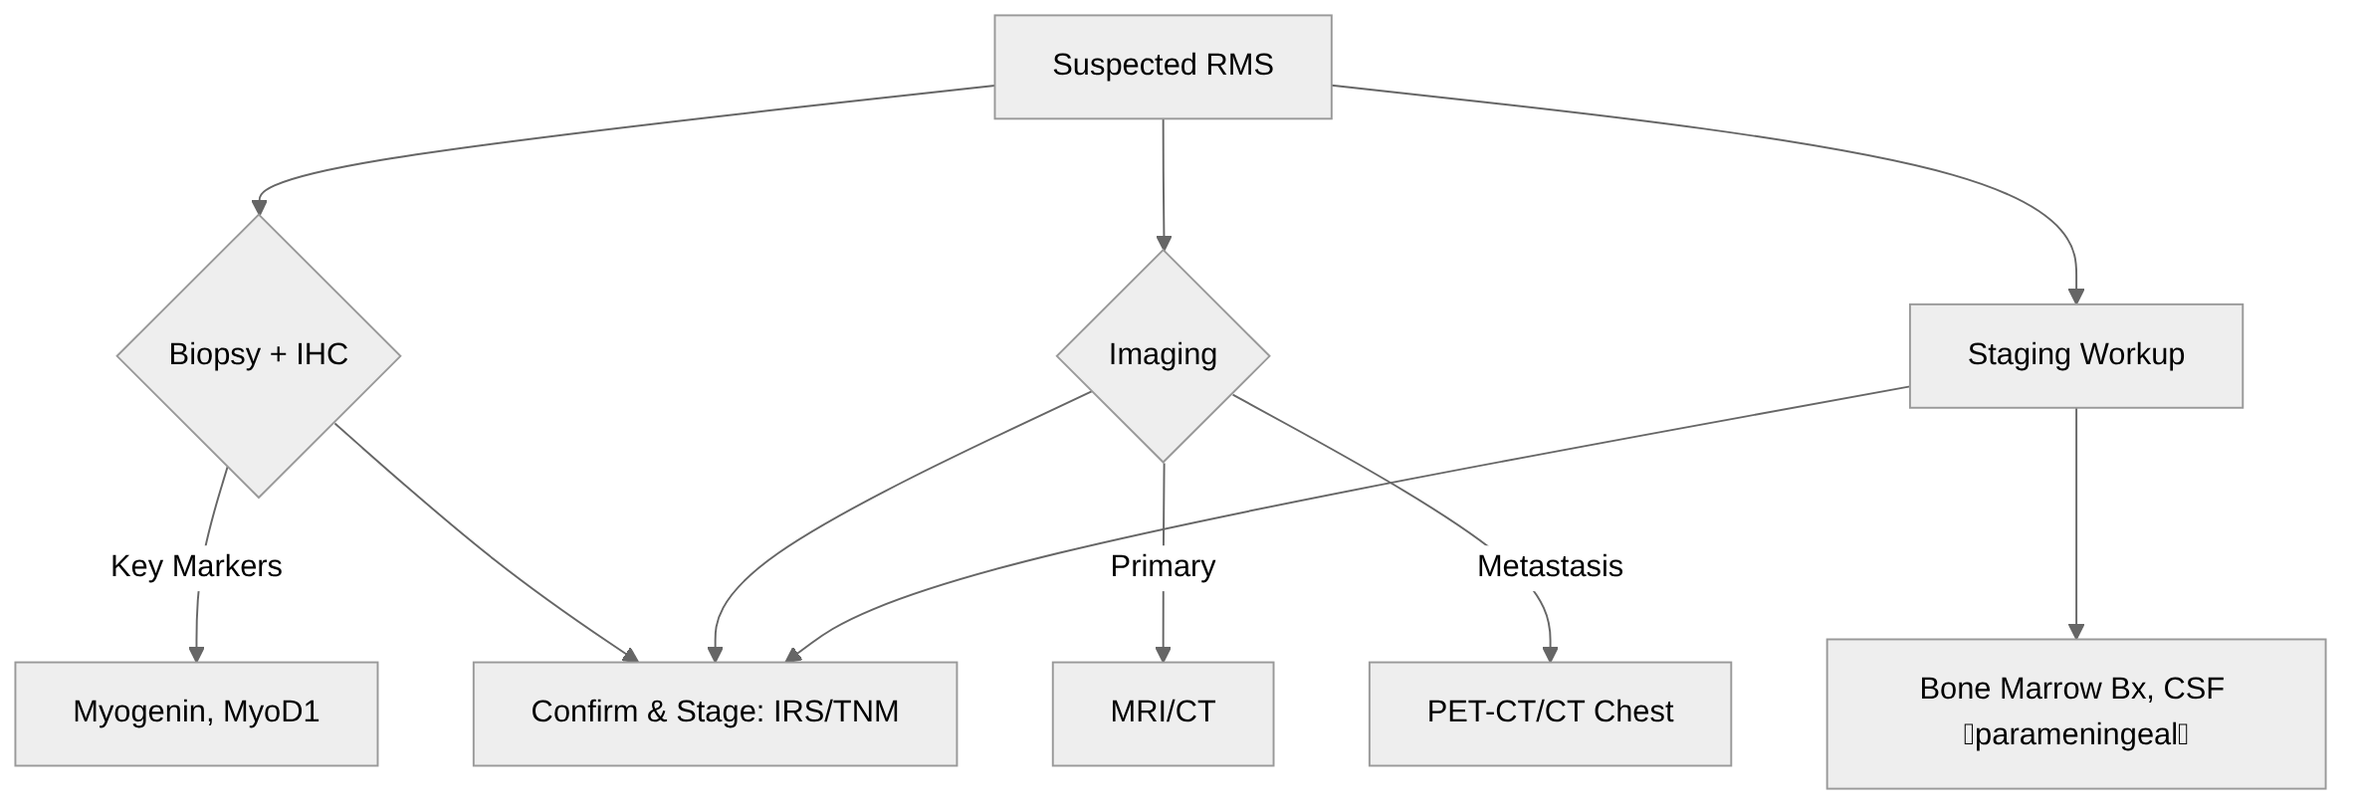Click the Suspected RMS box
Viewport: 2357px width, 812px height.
[x=1163, y=66]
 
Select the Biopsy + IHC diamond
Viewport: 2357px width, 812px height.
[x=259, y=355]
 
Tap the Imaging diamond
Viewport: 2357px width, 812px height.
[x=1163, y=355]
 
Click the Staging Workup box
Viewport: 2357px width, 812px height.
[x=2075, y=355]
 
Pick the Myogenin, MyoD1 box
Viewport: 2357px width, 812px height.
[x=196, y=712]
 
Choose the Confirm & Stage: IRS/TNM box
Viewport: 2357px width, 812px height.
[x=715, y=712]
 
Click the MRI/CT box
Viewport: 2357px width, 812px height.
[x=1163, y=712]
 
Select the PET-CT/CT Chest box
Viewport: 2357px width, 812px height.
[x=1550, y=712]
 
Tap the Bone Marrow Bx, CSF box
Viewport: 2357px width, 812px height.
[x=2075, y=712]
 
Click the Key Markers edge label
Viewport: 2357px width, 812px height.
[x=196, y=566]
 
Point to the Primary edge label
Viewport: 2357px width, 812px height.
[x=1163, y=566]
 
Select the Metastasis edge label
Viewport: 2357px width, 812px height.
[x=1550, y=566]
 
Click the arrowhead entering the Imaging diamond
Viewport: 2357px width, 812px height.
[x=1164, y=242]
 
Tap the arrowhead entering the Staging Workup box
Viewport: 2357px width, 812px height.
[x=2075, y=296]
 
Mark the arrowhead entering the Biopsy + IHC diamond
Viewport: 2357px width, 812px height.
[x=259, y=207]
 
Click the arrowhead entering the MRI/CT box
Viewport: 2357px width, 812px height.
[x=1163, y=654]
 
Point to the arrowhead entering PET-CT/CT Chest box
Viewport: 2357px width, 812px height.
[x=1550, y=654]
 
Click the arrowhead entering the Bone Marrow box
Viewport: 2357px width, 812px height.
[x=2075, y=631]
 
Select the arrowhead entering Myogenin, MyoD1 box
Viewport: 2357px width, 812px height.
[x=196, y=654]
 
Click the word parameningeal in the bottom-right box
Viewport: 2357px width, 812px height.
[x=2075, y=735]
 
